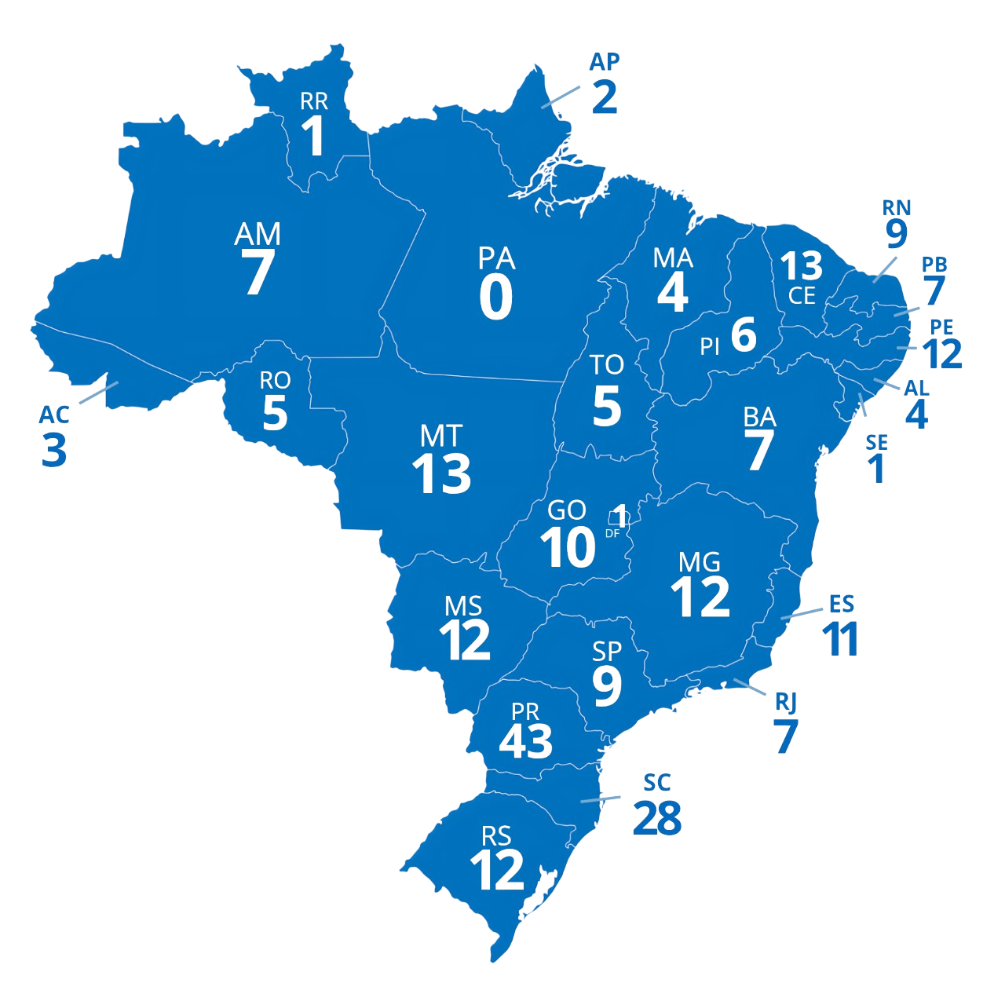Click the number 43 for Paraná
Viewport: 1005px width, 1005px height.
525,740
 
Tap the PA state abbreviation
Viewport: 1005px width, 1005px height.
496,258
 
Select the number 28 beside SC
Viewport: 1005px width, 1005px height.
657,818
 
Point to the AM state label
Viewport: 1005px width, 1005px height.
258,234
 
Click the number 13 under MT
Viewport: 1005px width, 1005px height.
441,473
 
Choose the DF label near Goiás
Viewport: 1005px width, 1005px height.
612,533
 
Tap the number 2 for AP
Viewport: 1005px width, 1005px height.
605,96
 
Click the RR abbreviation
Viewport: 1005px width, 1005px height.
314,100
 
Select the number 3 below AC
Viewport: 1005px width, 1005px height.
54,450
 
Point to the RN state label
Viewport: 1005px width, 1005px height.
896,207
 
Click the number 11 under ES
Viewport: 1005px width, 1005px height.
840,639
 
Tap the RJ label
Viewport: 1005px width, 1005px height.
786,701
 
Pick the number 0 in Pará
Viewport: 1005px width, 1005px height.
496,298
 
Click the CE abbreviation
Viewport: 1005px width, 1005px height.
802,295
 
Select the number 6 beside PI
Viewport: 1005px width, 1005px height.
744,334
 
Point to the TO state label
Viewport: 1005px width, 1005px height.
607,364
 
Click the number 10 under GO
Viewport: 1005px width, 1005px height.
568,547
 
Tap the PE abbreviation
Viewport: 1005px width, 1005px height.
941,327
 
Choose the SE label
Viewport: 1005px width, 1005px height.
876,442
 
